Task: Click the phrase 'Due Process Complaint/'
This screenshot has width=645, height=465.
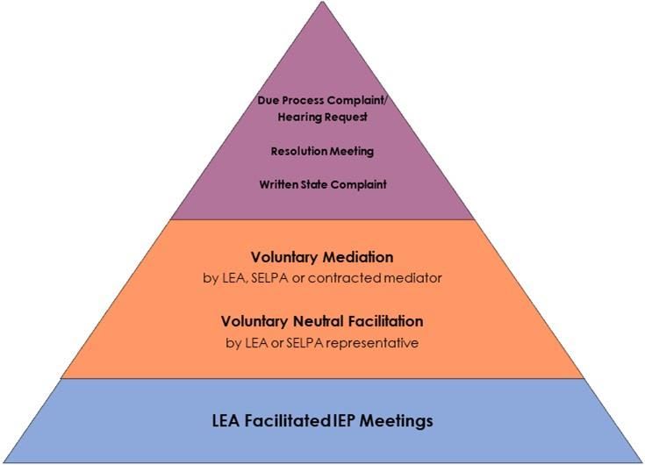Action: click(322, 100)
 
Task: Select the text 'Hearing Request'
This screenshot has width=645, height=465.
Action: click(322, 117)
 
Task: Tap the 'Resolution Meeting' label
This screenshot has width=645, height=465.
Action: click(322, 151)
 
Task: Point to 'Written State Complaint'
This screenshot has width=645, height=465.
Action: click(322, 184)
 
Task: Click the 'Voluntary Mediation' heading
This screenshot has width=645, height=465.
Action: click(322, 257)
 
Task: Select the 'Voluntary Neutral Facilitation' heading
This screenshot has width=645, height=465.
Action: click(322, 321)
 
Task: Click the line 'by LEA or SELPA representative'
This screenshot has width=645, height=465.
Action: click(322, 342)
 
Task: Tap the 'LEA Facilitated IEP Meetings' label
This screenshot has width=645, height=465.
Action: click(322, 421)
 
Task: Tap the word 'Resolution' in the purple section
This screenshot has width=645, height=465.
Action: click(299, 151)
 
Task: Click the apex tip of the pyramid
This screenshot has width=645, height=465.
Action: click(322, 3)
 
